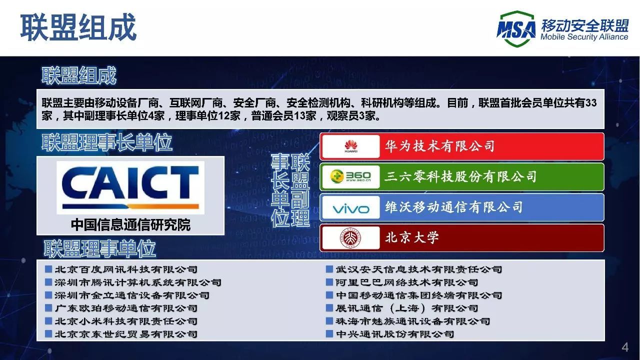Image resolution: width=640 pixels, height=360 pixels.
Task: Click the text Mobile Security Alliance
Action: click(584, 37)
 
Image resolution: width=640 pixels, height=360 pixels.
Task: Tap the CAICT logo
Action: click(130, 187)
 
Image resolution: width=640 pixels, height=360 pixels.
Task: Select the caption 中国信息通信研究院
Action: click(130, 224)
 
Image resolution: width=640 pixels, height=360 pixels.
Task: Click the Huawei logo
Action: click(350, 146)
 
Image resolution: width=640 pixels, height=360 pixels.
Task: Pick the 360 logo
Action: click(350, 176)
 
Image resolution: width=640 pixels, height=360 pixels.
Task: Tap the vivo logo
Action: click(350, 207)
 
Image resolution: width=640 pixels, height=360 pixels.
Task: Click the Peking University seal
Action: click(350, 237)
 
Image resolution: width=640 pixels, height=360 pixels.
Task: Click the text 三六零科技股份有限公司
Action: click(460, 176)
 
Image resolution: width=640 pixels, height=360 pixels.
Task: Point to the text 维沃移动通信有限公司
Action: click(453, 207)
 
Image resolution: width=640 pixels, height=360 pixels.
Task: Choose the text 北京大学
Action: click(412, 237)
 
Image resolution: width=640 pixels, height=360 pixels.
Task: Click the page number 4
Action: click(624, 347)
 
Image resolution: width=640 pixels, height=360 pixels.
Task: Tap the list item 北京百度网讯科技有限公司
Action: click(126, 269)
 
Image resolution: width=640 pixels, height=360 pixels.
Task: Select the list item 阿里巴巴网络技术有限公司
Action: click(406, 282)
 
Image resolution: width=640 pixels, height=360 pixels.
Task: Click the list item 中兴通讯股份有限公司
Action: click(395, 334)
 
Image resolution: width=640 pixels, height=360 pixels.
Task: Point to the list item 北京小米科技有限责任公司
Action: click(126, 321)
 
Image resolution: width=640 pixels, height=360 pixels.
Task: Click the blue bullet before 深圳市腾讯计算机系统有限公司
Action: click(48, 282)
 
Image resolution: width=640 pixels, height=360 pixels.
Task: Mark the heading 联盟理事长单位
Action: click(107, 143)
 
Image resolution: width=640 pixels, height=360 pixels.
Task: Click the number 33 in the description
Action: click(590, 103)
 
